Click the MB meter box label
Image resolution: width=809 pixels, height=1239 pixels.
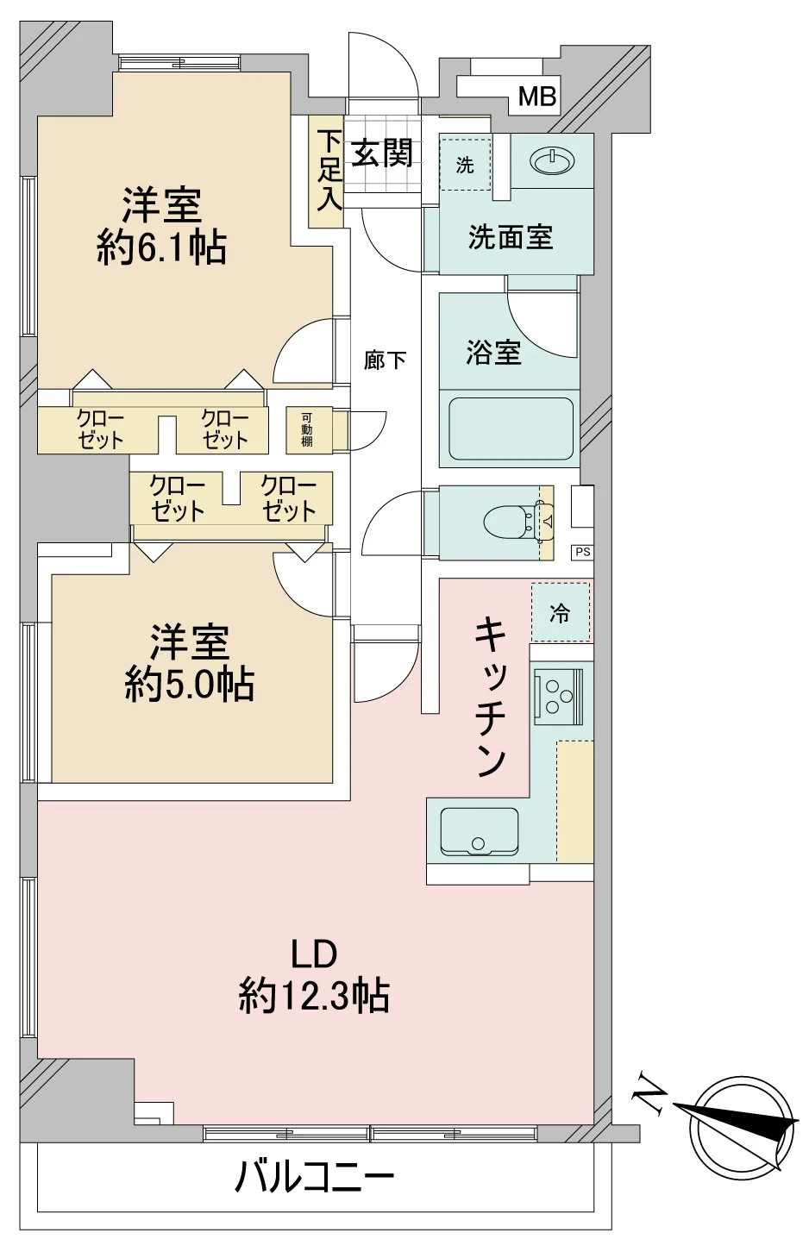[536, 97]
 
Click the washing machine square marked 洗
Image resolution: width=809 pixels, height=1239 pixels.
[465, 164]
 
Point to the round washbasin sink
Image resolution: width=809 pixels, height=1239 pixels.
[550, 161]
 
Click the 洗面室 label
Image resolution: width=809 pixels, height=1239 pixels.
[510, 237]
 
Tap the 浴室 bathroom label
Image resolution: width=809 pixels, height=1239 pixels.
[493, 352]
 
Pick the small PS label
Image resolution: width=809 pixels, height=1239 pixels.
[583, 552]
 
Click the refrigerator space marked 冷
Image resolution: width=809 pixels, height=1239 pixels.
[561, 613]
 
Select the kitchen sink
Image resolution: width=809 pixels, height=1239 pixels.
[479, 832]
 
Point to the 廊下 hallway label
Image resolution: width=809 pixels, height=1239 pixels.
[385, 360]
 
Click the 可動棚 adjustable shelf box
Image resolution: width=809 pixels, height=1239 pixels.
[307, 429]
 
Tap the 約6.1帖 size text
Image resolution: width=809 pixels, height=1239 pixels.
[162, 250]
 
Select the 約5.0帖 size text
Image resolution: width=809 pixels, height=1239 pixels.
[189, 685]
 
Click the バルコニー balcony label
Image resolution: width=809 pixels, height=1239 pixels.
[315, 1176]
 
